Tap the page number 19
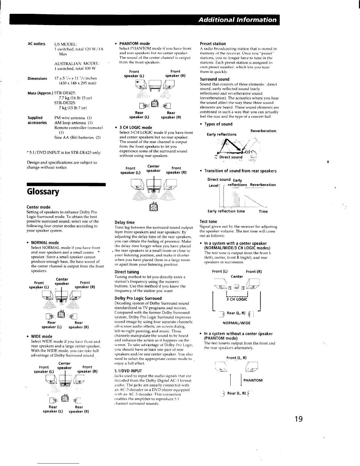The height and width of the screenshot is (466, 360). click(295, 419)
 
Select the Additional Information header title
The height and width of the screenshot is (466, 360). click(237, 20)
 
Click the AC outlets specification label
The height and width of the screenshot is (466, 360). click(36, 44)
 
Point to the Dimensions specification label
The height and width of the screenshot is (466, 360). click(37, 79)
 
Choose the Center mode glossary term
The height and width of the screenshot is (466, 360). click(39, 207)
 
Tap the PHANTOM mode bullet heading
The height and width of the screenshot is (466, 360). click(134, 44)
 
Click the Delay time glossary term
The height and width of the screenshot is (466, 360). click(124, 222)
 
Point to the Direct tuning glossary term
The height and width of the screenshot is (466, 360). click(127, 272)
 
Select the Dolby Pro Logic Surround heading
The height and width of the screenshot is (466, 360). click(138, 298)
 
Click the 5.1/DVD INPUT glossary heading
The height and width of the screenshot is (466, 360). click(128, 371)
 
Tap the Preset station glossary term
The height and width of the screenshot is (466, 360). click(213, 44)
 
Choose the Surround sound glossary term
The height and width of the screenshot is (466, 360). click(214, 79)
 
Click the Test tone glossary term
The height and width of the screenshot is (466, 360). click(208, 222)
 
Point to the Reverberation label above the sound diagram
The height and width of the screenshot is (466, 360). click(263, 131)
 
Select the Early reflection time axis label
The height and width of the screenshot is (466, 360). click(226, 211)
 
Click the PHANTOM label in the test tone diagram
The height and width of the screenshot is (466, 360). click(253, 380)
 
